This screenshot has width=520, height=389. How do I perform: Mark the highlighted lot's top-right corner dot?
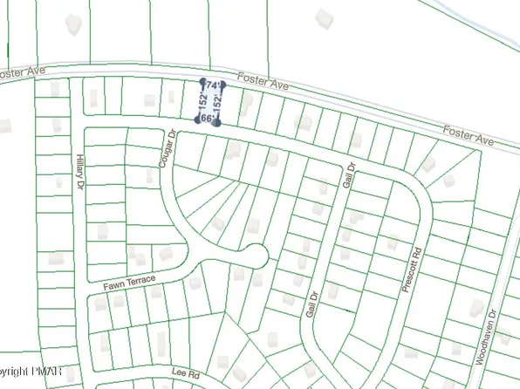tap(223, 85)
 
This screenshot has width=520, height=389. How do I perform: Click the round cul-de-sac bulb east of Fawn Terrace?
tap(253, 256)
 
